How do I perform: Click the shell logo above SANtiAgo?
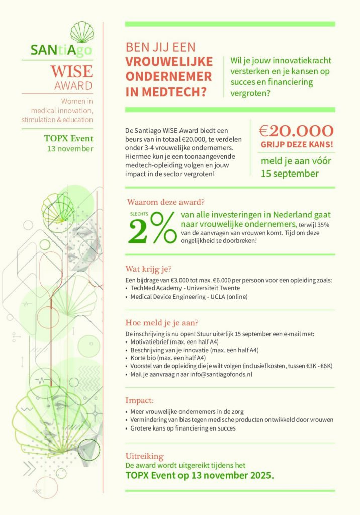pos(81,32)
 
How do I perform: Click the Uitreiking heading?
pos(144,456)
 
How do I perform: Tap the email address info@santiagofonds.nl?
pos(224,374)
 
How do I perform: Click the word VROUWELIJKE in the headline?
pos(168,63)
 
